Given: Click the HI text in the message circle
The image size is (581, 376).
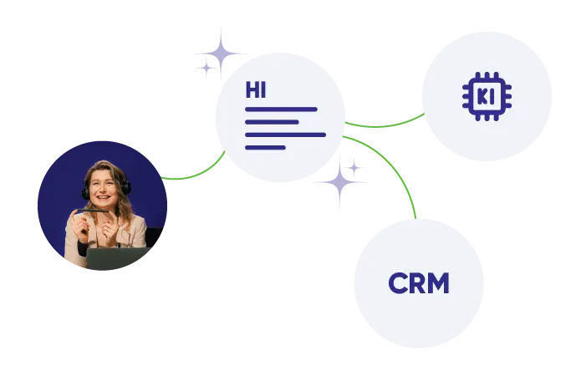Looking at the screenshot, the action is tap(256, 90).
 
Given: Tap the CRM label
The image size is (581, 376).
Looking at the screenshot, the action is tap(419, 283).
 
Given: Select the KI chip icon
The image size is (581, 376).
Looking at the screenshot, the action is tap(487, 96).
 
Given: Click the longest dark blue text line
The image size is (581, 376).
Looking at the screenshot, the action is tap(285, 135).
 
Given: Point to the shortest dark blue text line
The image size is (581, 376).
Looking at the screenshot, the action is tap(265, 148).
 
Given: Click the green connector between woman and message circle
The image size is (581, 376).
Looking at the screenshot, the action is tap(196, 173).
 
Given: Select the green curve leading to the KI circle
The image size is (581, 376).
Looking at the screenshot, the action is tap(385, 124).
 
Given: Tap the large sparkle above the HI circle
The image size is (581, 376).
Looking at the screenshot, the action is tap(222, 53).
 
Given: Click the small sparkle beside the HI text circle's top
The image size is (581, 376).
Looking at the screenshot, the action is tap(206, 69).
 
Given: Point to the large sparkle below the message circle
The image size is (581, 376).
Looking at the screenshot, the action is tap(339, 182).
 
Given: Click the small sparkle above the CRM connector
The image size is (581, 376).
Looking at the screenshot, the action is tap(354, 168).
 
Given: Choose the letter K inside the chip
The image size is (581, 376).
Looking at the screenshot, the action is tap(482, 97).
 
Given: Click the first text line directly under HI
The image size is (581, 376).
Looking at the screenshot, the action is tap(281, 109).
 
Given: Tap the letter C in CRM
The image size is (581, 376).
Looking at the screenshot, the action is tap(396, 283).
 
